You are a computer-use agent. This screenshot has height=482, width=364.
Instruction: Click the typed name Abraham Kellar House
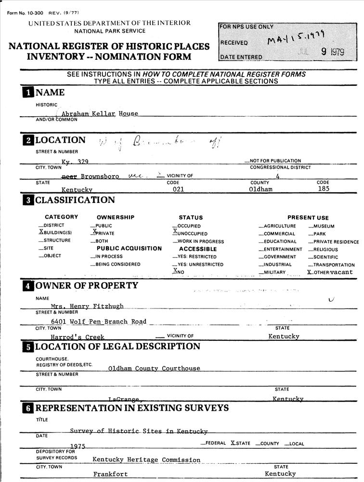coord(100,114)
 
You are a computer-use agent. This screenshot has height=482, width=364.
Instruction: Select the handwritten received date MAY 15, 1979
coord(296,39)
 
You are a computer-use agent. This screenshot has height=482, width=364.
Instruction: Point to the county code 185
coord(324,189)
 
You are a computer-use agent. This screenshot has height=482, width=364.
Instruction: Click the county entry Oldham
coord(260,189)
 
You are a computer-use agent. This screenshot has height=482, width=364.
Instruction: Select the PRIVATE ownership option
coord(102,233)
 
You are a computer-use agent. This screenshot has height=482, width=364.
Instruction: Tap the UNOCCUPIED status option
coord(190,233)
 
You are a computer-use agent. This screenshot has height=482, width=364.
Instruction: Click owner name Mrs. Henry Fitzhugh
coord(87,306)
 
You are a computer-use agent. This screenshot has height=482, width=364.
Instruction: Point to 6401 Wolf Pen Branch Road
coord(99,321)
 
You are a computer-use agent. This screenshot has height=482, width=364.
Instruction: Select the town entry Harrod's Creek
coord(77,337)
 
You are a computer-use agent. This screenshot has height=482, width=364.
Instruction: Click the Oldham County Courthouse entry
coord(154,369)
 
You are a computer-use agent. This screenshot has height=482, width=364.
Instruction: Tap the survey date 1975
coord(78,446)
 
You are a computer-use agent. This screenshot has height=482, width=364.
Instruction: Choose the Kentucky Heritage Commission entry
coord(146,460)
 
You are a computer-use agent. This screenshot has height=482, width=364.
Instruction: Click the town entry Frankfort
coord(110,474)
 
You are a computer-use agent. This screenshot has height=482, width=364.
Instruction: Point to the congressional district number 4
coord(278,176)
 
